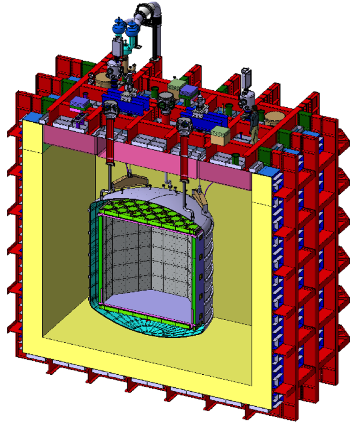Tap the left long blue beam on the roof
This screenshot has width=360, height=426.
coord(124,101)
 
